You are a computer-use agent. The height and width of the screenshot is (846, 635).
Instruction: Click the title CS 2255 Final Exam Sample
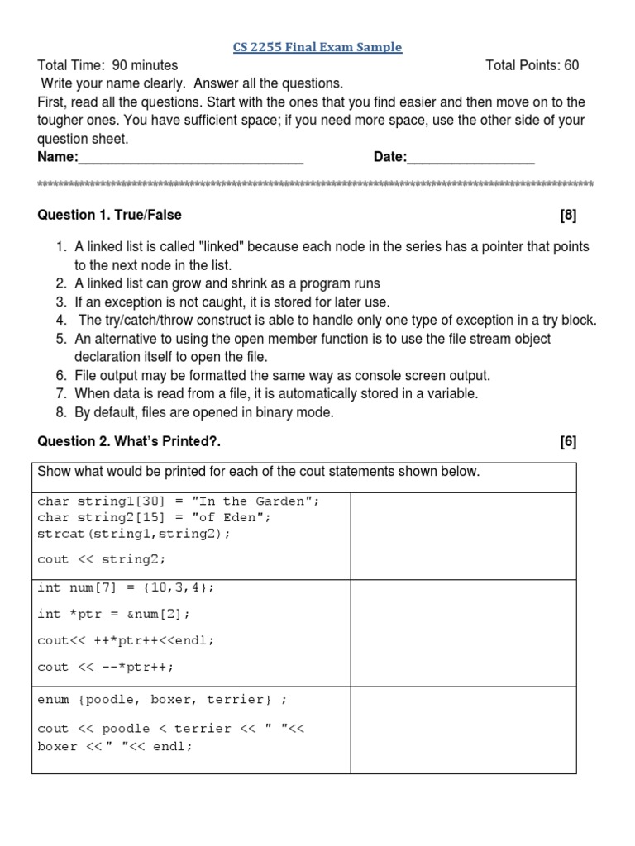pyautogui.click(x=317, y=47)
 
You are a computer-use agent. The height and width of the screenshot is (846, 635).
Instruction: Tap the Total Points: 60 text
pyautogui.click(x=532, y=65)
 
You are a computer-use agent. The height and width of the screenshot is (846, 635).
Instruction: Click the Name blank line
pyautogui.click(x=191, y=159)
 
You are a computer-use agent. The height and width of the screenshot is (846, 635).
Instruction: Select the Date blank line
pyautogui.click(x=470, y=159)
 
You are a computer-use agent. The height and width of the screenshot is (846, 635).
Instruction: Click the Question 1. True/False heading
pyautogui.click(x=110, y=215)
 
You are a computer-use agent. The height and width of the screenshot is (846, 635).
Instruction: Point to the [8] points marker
pyautogui.click(x=567, y=215)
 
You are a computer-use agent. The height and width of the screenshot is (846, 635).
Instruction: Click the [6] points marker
pyautogui.click(x=567, y=441)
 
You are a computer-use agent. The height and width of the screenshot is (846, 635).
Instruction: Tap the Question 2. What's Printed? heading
pyautogui.click(x=130, y=441)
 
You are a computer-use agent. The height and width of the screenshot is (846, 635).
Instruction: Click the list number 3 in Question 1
pyautogui.click(x=61, y=302)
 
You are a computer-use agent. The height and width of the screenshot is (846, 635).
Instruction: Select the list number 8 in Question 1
pyautogui.click(x=61, y=412)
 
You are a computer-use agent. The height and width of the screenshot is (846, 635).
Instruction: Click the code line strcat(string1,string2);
pyautogui.click(x=134, y=534)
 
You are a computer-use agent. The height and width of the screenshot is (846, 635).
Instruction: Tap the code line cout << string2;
pyautogui.click(x=102, y=559)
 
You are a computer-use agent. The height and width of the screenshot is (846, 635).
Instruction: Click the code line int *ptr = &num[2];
pyautogui.click(x=114, y=613)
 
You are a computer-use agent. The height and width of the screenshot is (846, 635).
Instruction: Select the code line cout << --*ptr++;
pyautogui.click(x=106, y=667)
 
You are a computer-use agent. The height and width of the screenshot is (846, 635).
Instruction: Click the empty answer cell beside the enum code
pyautogui.click(x=463, y=729)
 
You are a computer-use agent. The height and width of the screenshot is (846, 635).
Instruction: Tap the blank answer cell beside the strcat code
pyautogui.click(x=463, y=535)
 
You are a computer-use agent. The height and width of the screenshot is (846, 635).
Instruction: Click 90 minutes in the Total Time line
pyautogui.click(x=144, y=65)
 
